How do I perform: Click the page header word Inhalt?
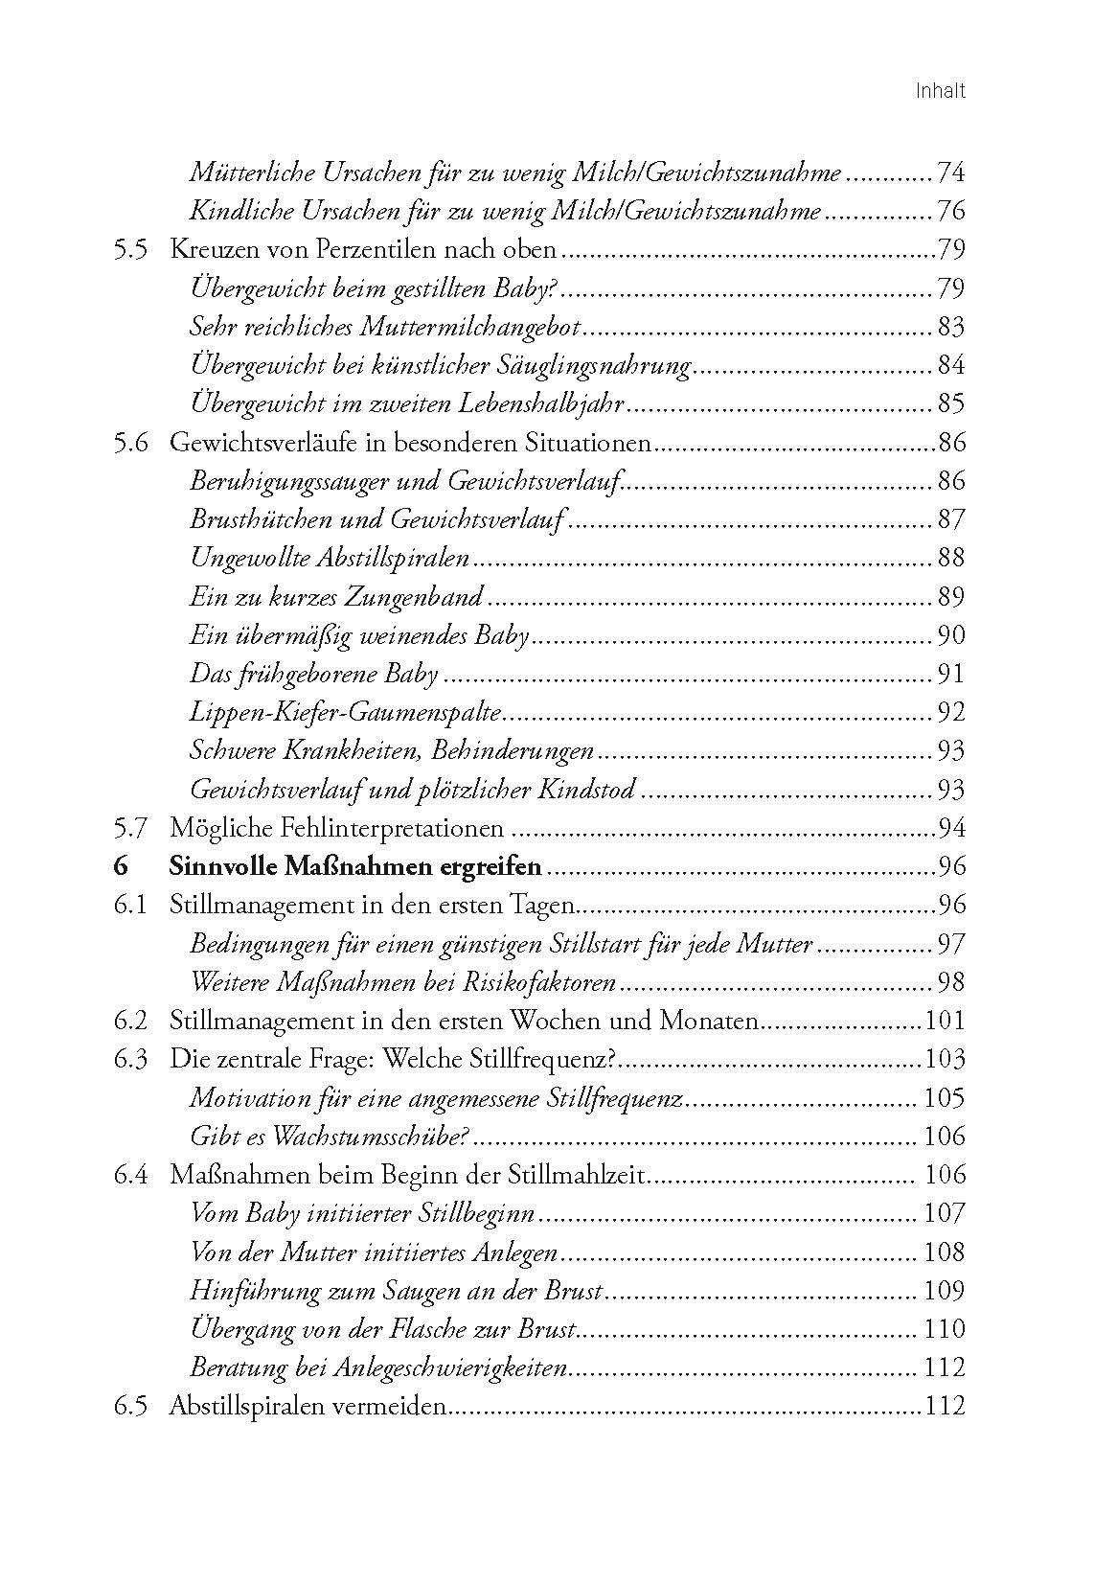(940, 92)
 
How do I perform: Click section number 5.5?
(129, 250)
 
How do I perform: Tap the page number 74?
(949, 173)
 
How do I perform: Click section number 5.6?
(129, 444)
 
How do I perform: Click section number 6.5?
(129, 1407)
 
